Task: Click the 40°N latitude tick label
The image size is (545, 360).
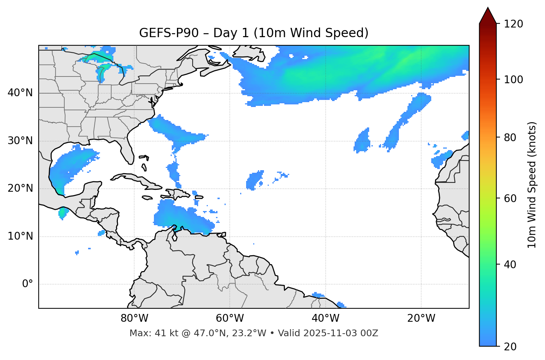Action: (x=20, y=93)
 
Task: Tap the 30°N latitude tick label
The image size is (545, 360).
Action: (x=20, y=141)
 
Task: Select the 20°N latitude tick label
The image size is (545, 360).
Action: (x=20, y=188)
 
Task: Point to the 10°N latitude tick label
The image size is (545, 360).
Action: (x=20, y=236)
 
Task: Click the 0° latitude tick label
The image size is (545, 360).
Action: (x=28, y=284)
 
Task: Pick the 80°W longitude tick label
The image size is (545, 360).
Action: (x=134, y=318)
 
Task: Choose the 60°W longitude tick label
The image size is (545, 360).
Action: (x=230, y=318)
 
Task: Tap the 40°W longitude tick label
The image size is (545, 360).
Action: (x=325, y=318)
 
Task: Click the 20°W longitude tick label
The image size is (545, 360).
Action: (x=421, y=318)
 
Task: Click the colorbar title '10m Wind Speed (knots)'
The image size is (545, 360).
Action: (x=532, y=185)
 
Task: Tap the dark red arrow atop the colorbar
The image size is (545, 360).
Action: (x=488, y=16)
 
